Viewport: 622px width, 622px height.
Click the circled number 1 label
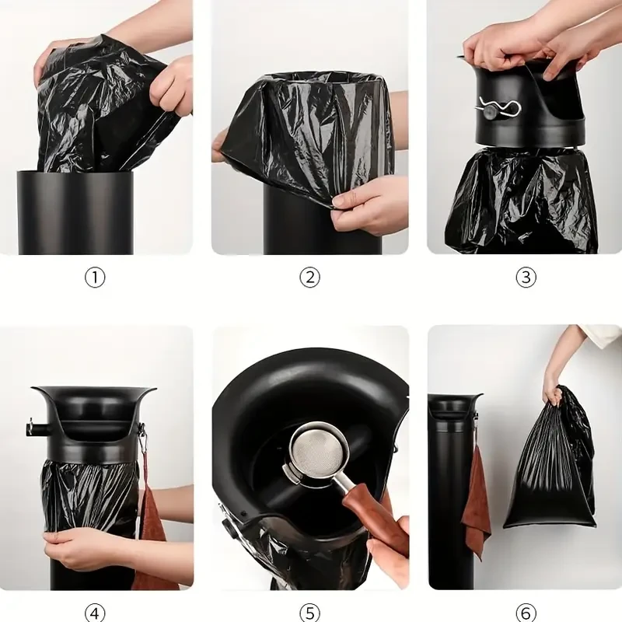(x=94, y=278)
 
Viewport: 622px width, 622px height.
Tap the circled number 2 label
(x=309, y=278)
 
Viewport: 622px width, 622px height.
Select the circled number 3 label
(x=526, y=278)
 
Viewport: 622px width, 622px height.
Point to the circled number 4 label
(x=94, y=613)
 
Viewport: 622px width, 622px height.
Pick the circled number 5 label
(x=309, y=613)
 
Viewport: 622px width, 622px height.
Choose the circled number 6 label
(x=526, y=613)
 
